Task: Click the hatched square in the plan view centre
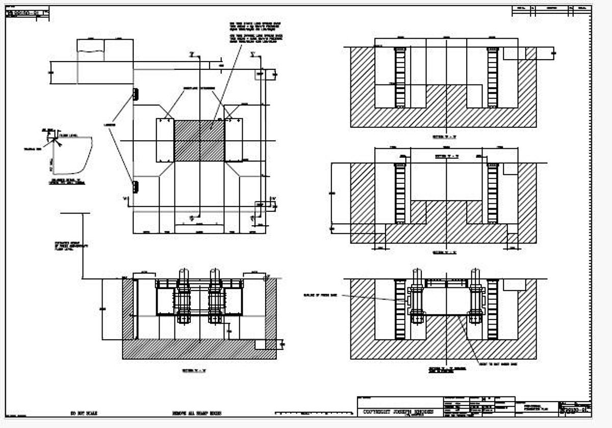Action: click(x=199, y=141)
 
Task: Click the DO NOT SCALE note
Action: click(x=84, y=413)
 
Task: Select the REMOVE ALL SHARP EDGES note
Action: click(x=197, y=413)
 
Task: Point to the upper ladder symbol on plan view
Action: click(x=135, y=94)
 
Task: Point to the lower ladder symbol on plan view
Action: click(x=135, y=186)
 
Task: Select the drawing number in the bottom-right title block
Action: click(x=575, y=409)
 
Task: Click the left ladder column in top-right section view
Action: click(x=400, y=77)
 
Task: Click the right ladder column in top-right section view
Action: click(x=492, y=77)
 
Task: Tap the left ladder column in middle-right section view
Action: click(x=400, y=193)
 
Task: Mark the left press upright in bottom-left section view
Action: click(x=183, y=298)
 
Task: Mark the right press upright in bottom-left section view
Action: click(x=215, y=298)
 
